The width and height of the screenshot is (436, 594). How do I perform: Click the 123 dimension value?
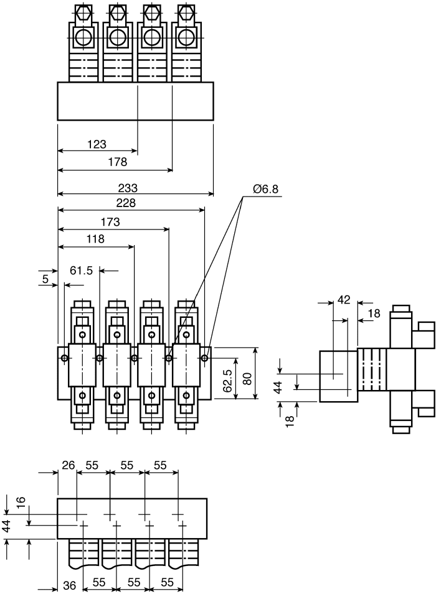[97, 144]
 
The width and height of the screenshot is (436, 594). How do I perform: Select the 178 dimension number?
[117, 162]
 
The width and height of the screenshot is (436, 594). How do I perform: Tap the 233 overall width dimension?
[128, 188]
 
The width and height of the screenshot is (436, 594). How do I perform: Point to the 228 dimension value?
[126, 203]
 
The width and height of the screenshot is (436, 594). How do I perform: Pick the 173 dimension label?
[110, 221]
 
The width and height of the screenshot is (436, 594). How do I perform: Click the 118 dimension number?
[95, 239]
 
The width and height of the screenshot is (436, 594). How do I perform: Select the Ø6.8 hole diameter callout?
[265, 188]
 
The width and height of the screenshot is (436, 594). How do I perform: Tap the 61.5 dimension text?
[81, 271]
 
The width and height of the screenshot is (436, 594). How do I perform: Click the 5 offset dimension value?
[45, 279]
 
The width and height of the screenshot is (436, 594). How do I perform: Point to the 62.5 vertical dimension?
[227, 381]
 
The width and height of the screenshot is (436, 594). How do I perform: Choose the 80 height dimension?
[247, 379]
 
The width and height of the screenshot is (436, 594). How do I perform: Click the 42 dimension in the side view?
[344, 300]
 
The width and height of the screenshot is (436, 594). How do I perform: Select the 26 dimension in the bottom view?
[69, 465]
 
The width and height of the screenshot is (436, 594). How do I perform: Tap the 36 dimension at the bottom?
[69, 586]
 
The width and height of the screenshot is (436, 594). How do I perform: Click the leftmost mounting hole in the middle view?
[65, 358]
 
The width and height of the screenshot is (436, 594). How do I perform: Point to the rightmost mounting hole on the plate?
[204, 358]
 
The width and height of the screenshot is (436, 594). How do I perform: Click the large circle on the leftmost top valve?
[82, 37]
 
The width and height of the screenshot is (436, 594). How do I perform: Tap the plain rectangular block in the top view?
[135, 101]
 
